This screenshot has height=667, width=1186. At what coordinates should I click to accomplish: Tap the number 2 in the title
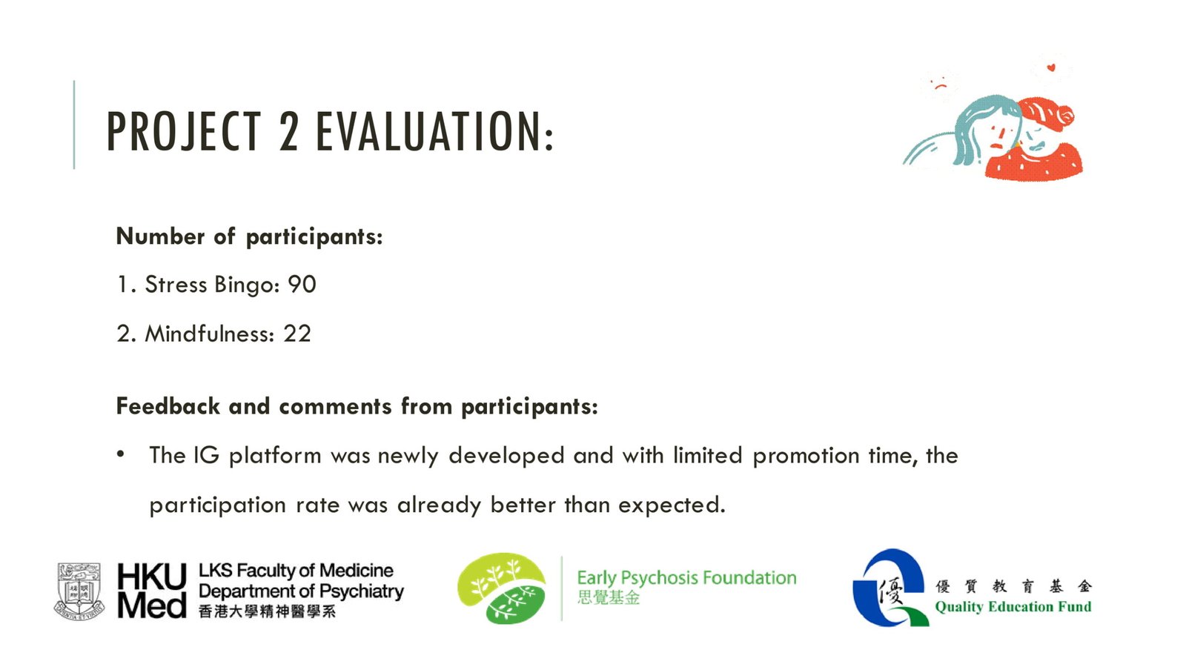[x=289, y=131]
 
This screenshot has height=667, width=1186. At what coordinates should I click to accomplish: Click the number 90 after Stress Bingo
[x=302, y=285]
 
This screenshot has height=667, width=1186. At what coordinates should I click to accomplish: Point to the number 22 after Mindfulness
[x=297, y=334]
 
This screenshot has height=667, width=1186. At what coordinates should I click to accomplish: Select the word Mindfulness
[x=209, y=334]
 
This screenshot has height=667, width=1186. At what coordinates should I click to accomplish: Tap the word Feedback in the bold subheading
[x=168, y=406]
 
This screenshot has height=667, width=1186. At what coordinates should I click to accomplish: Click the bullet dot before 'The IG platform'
[x=121, y=454]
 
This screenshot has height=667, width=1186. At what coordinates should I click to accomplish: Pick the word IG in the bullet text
[x=206, y=455]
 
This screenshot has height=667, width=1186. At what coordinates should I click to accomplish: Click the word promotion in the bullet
[x=806, y=457]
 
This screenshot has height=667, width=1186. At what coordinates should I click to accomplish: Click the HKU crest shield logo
[x=79, y=591]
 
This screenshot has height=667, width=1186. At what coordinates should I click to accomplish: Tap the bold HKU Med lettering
[x=152, y=591]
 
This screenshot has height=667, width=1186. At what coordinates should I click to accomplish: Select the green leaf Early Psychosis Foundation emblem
[x=501, y=588]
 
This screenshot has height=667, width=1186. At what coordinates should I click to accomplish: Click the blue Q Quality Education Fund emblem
[x=892, y=588]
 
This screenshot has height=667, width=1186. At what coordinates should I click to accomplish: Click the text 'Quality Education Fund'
[x=1013, y=607]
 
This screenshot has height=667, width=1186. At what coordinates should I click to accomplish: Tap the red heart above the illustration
[x=1051, y=67]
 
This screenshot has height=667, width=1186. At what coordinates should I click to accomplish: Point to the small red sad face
[x=941, y=84]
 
